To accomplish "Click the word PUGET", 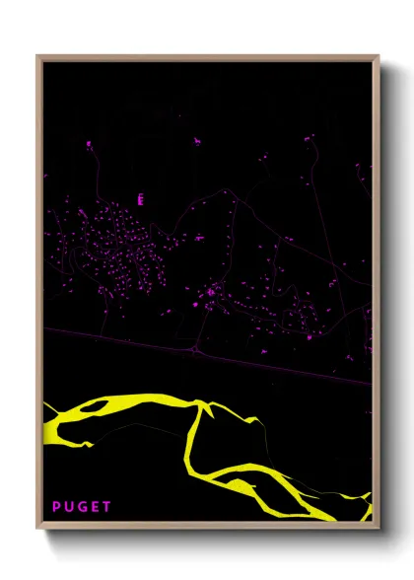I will pyautogui.click(x=82, y=507).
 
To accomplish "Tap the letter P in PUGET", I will pyautogui.click(x=57, y=507).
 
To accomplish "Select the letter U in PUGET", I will pyautogui.click(x=69, y=507).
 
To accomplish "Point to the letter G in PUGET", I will pyautogui.click(x=82, y=507).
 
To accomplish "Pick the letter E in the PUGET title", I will pyautogui.click(x=95, y=507).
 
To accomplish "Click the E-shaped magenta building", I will pyautogui.click(x=140, y=199).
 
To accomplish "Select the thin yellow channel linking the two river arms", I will pyautogui.click(x=193, y=439).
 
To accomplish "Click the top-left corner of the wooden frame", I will pyautogui.click(x=38, y=56).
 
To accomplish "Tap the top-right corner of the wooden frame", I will pyautogui.click(x=378, y=56).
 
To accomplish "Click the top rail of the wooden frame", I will pyautogui.click(x=207, y=56).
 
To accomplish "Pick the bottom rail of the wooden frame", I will pyautogui.click(x=207, y=526).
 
